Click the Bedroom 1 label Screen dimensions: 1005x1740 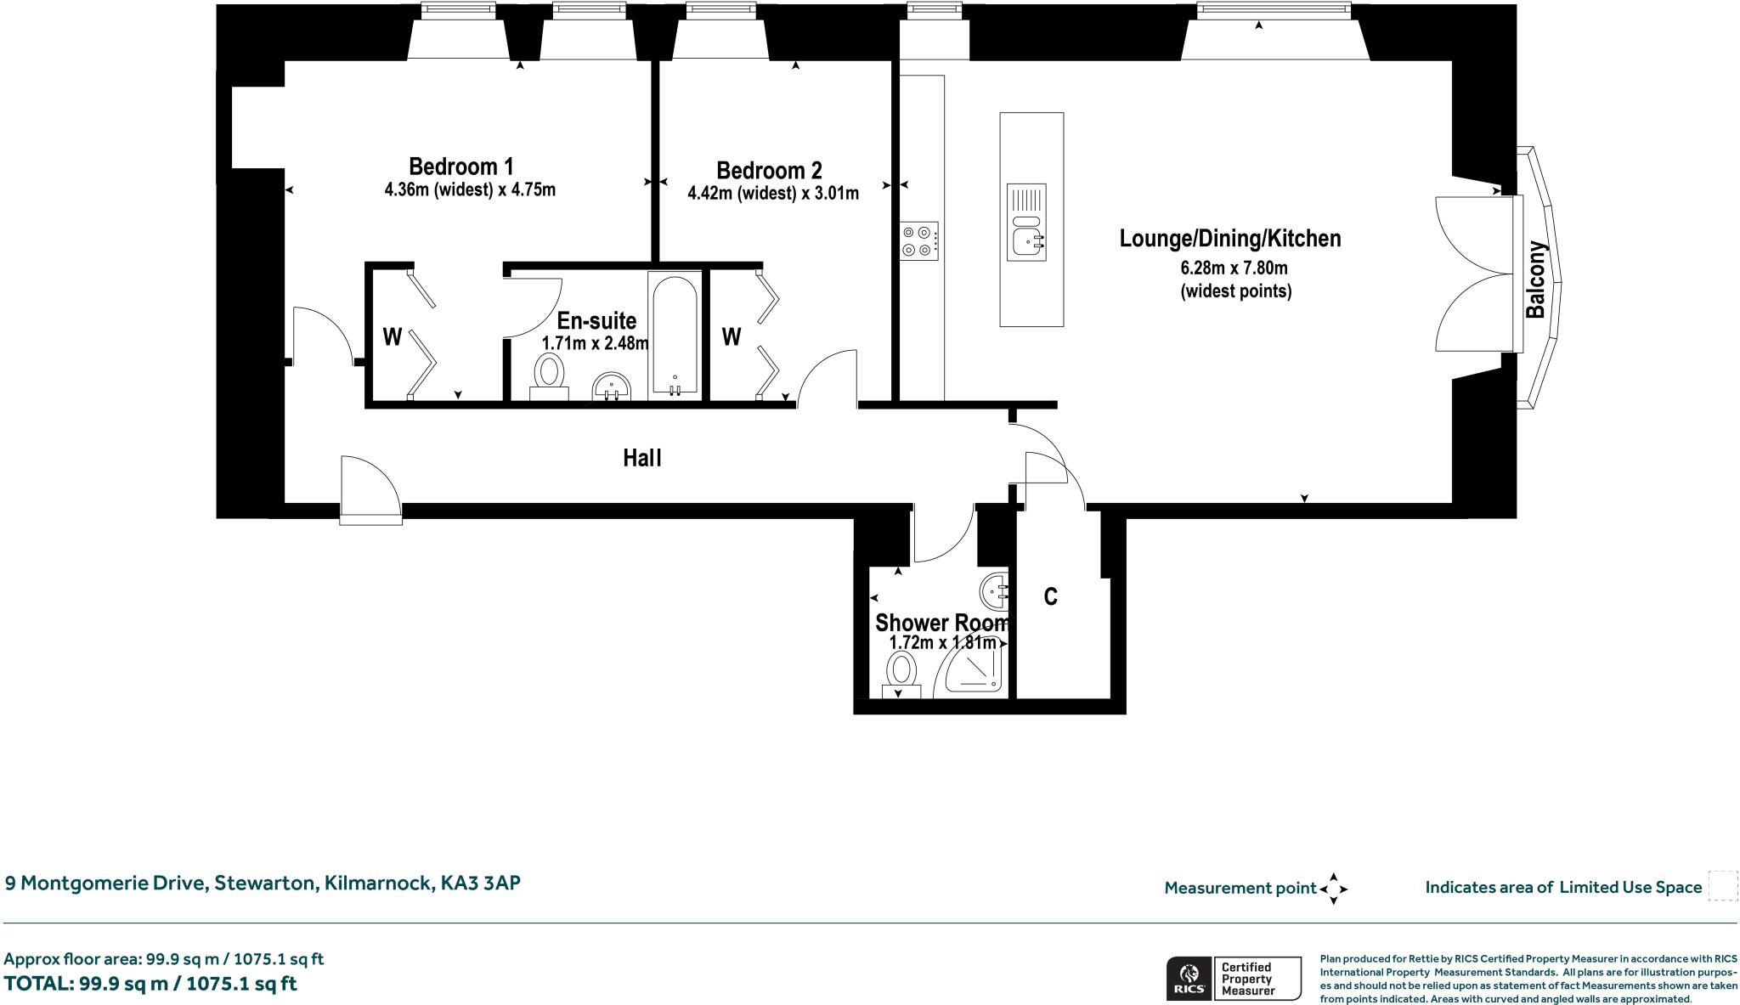(460, 166)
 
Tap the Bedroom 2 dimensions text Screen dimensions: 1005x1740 (772, 194)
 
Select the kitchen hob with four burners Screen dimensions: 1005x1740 (919, 240)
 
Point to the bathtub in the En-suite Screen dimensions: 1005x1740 (675, 336)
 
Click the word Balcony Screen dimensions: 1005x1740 (1535, 280)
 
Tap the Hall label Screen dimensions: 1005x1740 (641, 459)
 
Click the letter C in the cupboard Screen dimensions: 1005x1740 (1050, 597)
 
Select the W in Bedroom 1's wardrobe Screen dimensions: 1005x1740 (392, 337)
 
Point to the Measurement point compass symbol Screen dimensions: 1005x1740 (1333, 889)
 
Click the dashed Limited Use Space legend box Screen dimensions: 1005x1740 (1722, 886)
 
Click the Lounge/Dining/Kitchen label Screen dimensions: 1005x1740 (1229, 239)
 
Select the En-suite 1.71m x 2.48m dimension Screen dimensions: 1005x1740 (595, 344)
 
